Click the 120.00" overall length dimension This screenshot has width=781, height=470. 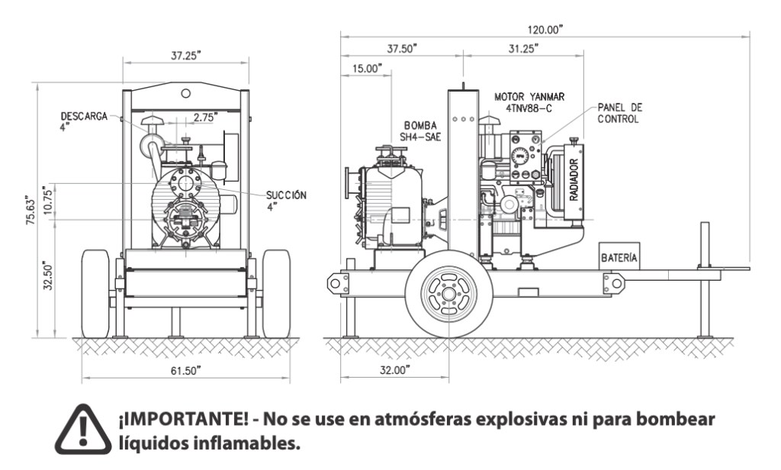[x=545, y=29]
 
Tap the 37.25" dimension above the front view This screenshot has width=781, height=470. [x=185, y=56]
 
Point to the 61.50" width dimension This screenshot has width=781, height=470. [x=185, y=370]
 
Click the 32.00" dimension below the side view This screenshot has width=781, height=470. [x=394, y=370]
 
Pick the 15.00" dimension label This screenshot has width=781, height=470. [x=365, y=69]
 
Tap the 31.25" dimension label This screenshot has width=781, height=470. [x=522, y=48]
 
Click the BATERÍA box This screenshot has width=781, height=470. [x=619, y=258]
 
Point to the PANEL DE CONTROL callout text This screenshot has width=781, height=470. [x=619, y=114]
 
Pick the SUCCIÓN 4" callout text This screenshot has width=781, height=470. [x=286, y=201]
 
